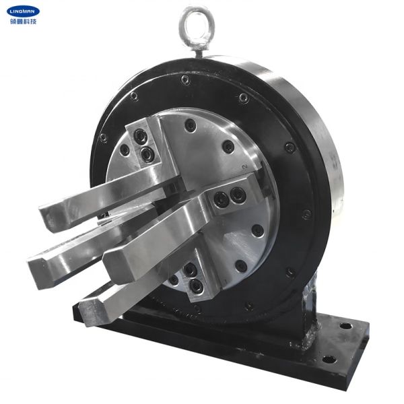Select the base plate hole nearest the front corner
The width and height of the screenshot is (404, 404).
328,358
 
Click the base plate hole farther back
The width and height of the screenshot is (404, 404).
345,326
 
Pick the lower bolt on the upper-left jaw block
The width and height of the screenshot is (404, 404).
147,156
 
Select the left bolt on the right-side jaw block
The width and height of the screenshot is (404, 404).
220,199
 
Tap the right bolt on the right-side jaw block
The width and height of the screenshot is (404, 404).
238,195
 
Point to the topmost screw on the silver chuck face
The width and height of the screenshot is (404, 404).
191,125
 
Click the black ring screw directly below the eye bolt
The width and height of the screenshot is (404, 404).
184,80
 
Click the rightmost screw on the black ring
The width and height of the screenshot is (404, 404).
306,214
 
